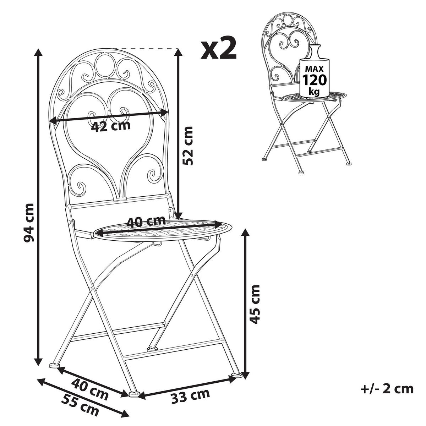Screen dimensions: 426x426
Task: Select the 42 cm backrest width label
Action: click(x=111, y=125)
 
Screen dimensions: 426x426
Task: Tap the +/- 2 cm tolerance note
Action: click(x=387, y=389)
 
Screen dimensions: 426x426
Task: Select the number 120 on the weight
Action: click(x=314, y=80)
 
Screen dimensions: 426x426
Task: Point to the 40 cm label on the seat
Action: click(x=146, y=222)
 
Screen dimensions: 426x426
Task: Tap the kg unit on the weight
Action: click(x=314, y=91)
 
